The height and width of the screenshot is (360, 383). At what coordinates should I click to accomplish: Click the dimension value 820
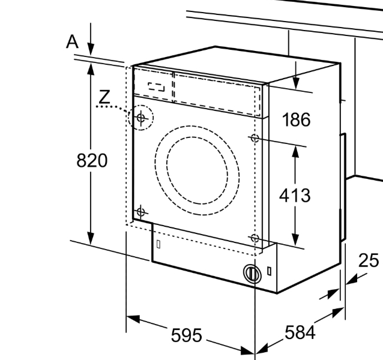[x=92, y=161]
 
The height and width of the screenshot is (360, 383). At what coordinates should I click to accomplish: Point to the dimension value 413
[x=295, y=195]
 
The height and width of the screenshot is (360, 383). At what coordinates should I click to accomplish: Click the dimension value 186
[x=296, y=120]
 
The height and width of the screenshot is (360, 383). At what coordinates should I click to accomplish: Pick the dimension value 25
[x=369, y=261]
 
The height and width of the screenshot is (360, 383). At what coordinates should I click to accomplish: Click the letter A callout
[x=73, y=41]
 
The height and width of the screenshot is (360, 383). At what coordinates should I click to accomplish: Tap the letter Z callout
[x=104, y=97]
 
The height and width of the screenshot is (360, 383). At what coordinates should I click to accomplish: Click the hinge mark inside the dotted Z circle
[x=141, y=118]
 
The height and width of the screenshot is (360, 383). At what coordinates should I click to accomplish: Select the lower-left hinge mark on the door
[x=141, y=211]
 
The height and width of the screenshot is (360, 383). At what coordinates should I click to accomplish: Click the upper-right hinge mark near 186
[x=255, y=137]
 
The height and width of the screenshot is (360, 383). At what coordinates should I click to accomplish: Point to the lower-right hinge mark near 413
[x=255, y=238]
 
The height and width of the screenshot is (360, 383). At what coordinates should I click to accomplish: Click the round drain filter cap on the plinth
[x=251, y=273]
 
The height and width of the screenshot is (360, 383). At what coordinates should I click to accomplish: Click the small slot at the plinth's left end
[x=158, y=244]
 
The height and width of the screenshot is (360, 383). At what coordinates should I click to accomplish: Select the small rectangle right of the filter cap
[x=270, y=271]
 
